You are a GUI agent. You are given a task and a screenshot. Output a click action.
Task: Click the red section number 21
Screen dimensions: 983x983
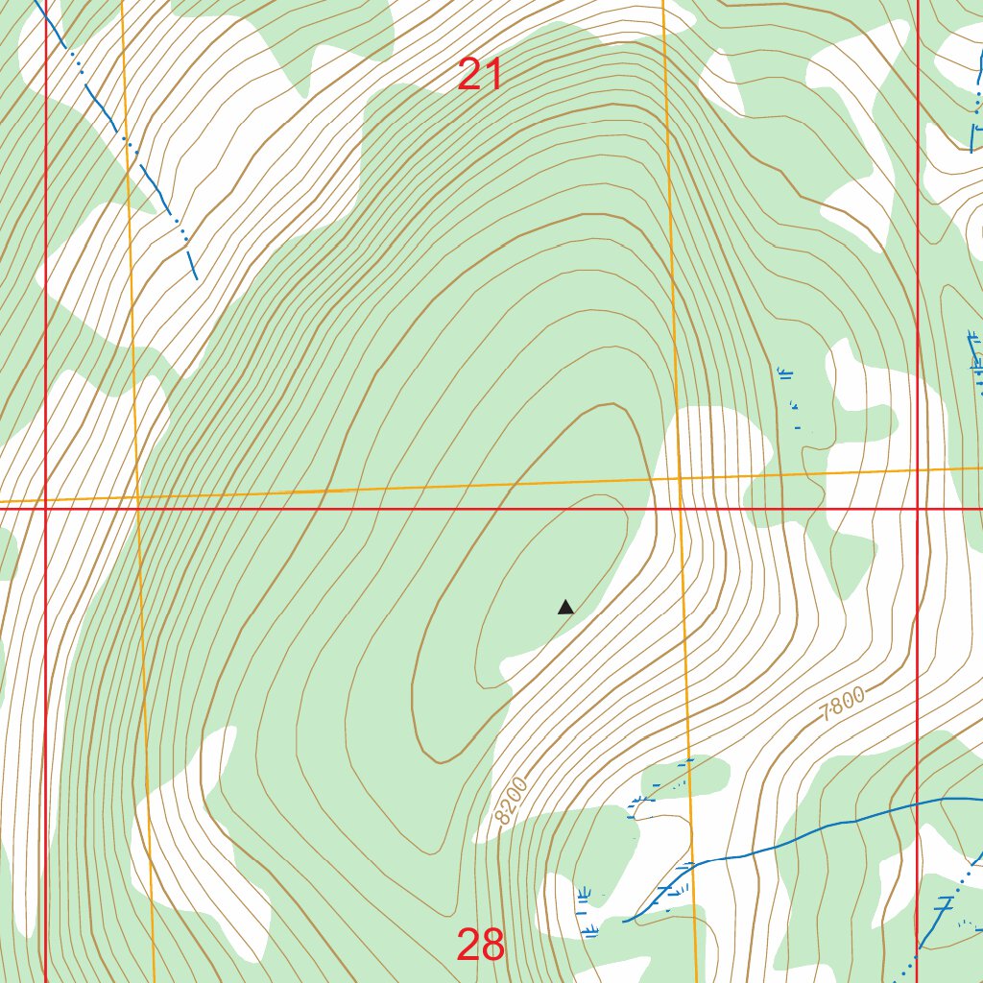(480, 75)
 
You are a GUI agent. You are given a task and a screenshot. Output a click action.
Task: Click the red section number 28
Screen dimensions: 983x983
(480, 946)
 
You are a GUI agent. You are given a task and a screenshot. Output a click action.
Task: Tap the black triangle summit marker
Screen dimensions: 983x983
(565, 607)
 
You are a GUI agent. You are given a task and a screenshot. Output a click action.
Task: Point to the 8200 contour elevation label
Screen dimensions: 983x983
(514, 802)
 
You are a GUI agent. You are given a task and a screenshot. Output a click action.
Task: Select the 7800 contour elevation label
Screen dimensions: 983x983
(844, 705)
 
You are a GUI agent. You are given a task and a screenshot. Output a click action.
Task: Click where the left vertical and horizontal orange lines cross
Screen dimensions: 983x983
(137, 498)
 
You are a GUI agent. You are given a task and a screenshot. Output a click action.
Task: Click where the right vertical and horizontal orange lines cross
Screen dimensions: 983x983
(678, 477)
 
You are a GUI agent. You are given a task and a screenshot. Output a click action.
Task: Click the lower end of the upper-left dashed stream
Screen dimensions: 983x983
(196, 277)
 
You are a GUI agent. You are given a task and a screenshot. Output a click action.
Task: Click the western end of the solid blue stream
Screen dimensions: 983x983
(626, 921)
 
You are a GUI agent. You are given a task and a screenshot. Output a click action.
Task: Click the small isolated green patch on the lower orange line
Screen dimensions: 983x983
(683, 773)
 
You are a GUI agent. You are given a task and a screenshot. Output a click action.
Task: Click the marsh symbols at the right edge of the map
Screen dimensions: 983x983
(975, 360)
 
